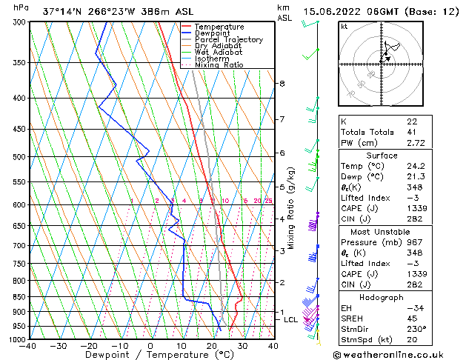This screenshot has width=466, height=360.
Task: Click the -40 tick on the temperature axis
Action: click(28, 345)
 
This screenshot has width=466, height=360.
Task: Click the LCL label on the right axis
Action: click(290, 319)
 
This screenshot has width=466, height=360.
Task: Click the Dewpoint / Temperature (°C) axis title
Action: click(150, 355)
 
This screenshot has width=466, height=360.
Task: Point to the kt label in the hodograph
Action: click(344, 26)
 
